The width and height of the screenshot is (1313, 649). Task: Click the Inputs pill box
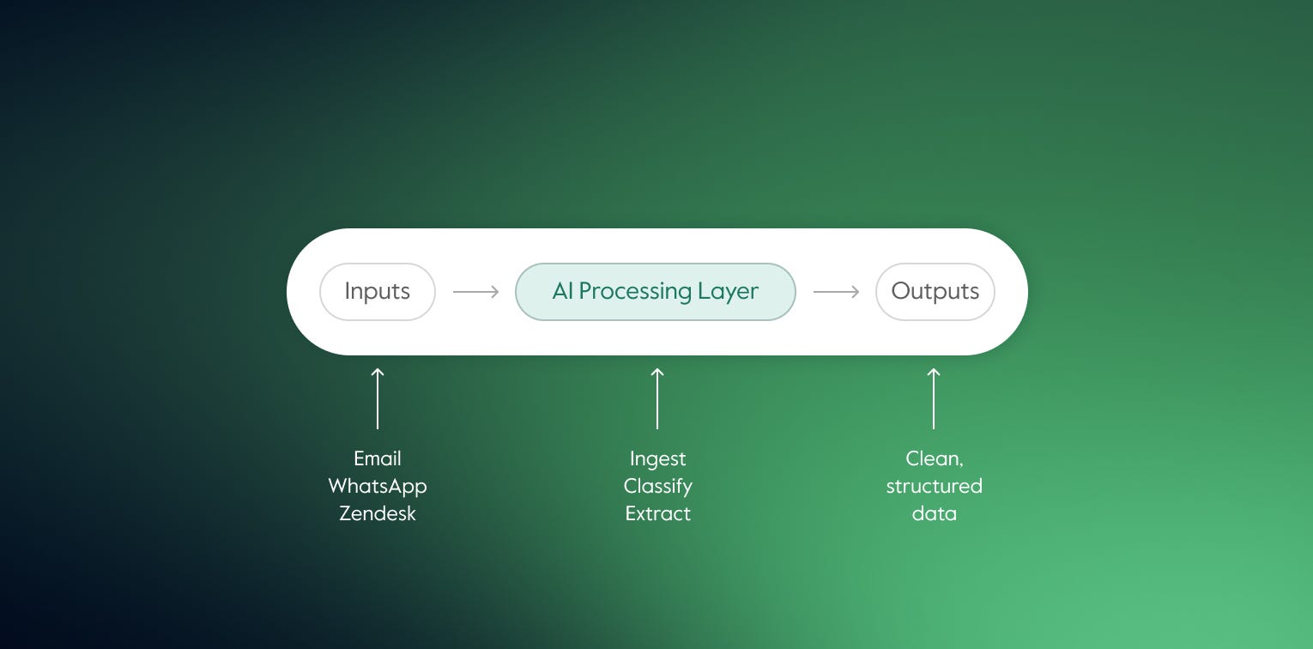[378, 292]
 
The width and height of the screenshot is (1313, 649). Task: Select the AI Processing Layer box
[655, 292]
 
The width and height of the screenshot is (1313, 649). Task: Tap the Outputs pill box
[935, 292]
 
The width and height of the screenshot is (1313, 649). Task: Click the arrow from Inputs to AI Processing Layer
[475, 292]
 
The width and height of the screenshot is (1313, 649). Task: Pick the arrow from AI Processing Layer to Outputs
[836, 292]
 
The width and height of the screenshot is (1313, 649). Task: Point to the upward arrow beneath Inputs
[378, 398]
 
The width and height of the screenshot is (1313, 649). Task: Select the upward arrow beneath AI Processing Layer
[657, 398]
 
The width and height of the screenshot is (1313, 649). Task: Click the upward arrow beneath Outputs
[934, 398]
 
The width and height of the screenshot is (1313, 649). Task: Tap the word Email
[378, 458]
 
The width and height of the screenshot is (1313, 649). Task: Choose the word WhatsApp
[378, 486]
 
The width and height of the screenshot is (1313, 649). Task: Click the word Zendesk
[378, 513]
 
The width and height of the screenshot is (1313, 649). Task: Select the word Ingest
[658, 459]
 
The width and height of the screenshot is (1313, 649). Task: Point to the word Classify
[658, 487]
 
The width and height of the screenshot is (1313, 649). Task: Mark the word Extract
[658, 513]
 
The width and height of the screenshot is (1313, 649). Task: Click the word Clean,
[934, 459]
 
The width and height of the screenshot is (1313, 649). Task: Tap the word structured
[934, 487]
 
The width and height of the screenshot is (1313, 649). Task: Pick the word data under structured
[934, 513]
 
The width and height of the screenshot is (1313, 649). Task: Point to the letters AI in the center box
[563, 292]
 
